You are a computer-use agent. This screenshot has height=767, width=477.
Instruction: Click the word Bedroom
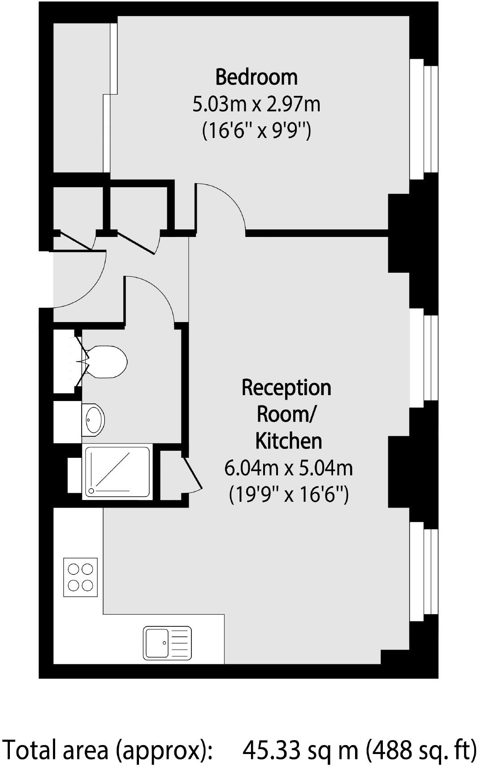point(256,77)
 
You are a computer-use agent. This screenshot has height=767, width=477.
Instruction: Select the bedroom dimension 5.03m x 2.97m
point(256,104)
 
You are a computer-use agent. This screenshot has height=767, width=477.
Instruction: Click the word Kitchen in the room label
point(288,441)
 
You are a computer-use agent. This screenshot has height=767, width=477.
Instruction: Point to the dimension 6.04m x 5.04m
point(288,469)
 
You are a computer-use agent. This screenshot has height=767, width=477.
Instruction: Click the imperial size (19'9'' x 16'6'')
point(288,496)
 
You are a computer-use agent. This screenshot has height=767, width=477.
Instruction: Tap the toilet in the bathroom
point(105,361)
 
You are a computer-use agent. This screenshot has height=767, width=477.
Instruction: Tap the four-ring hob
point(81,577)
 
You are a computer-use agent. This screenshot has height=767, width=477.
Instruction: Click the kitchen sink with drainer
point(167,642)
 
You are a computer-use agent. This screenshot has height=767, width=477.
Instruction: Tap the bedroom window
point(424,119)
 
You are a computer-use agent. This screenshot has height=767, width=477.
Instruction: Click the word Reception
point(286,388)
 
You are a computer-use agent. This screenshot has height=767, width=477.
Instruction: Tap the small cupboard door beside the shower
point(193,475)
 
